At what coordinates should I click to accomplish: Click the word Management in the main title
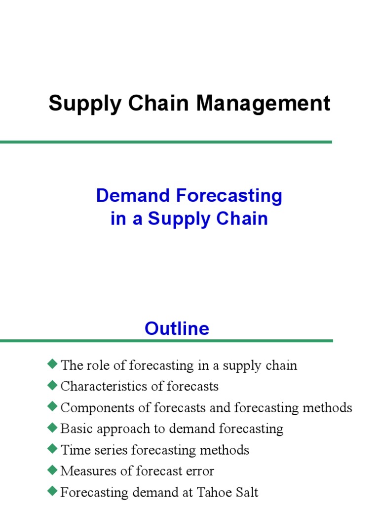(264, 104)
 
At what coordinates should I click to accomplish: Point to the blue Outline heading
(177, 328)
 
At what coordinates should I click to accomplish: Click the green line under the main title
(166, 142)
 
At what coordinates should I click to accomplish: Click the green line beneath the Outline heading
(166, 341)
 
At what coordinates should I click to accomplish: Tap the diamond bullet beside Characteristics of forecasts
(53, 385)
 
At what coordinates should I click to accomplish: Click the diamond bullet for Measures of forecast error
(53, 470)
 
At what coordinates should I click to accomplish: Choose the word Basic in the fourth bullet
(74, 429)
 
